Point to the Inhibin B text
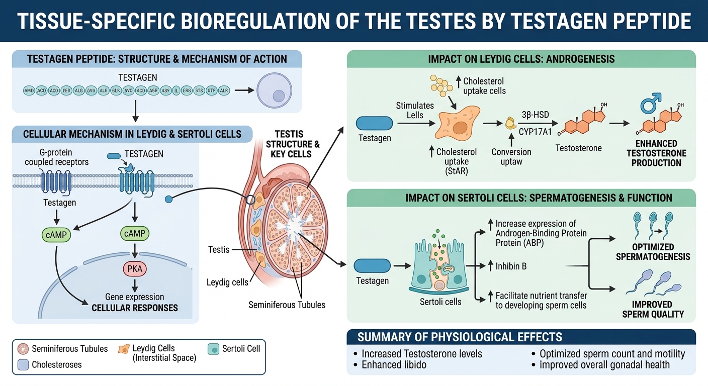click(511, 266)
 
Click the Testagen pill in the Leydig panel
click(375, 124)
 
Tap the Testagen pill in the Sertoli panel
click(373, 266)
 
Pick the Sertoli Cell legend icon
click(214, 348)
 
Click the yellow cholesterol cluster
click(441, 86)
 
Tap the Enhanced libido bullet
click(394, 365)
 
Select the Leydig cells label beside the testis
click(227, 282)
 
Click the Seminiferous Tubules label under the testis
click(287, 305)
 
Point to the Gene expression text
click(134, 297)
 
